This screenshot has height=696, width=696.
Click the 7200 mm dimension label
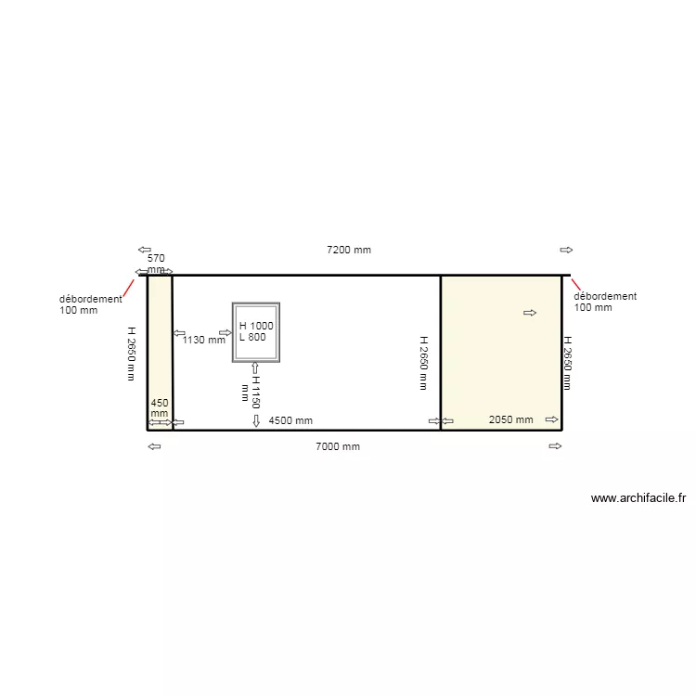pos(348,250)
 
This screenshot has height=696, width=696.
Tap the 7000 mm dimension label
pos(337,446)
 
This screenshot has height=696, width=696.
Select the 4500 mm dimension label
pos(290,420)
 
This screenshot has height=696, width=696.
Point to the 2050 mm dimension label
pos(510,419)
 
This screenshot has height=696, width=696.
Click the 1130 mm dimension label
pos(203,340)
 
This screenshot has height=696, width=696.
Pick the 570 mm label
pos(156,263)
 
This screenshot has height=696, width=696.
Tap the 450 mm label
pos(160,408)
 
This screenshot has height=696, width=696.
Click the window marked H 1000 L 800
pos(256,331)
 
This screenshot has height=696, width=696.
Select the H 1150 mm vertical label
pos(251,391)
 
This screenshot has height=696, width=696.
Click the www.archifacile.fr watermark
pos(638,498)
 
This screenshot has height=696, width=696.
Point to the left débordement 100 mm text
pos(90,304)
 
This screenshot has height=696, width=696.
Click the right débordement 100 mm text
pos(604,302)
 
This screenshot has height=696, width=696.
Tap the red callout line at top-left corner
pos(129,286)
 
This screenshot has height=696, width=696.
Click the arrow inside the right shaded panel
pos(530,313)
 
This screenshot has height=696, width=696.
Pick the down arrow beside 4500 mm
pos(256,420)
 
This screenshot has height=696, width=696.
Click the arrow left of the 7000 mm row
pos(154,446)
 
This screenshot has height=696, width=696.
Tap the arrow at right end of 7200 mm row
pos(566,250)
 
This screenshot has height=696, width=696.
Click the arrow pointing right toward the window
pos(225,331)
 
